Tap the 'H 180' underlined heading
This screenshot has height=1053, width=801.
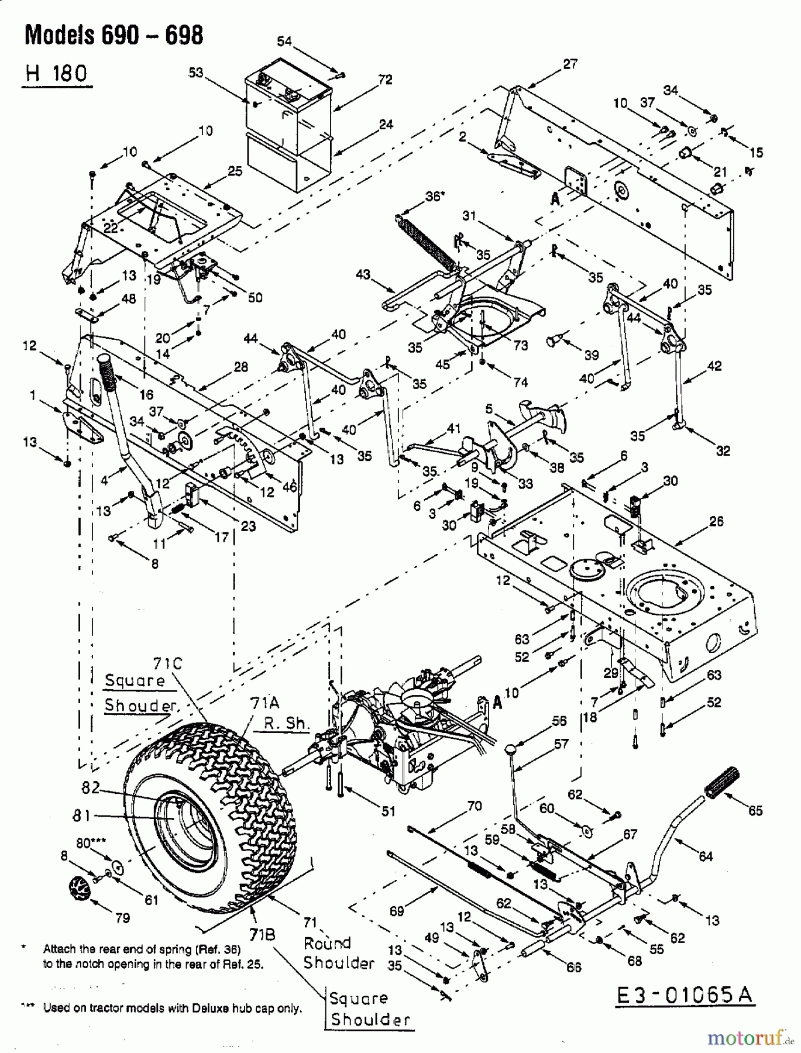57,74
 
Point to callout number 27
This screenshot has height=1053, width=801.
569,64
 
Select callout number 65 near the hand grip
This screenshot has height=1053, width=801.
755,811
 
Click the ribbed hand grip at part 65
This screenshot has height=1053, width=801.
723,782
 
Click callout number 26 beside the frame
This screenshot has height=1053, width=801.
716,521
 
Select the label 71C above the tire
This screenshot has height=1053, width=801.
168,663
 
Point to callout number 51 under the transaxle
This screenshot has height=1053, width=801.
388,811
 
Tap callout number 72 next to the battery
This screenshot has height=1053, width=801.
384,80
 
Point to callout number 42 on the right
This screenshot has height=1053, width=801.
714,367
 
